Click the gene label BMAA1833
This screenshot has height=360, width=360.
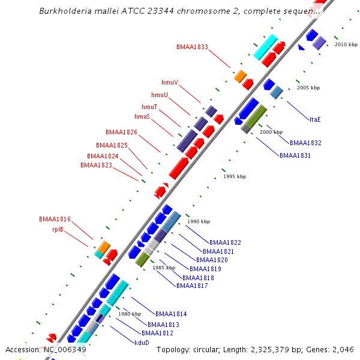192,47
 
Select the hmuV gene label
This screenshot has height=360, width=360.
170,82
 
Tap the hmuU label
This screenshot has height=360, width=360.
160,95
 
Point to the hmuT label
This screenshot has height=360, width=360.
149,107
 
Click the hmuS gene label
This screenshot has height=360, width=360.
142,116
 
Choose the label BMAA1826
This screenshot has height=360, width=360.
121,132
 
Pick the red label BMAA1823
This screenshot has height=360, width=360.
96,165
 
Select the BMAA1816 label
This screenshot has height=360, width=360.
55,220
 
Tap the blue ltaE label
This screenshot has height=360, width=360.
315,119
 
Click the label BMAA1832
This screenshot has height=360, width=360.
305,143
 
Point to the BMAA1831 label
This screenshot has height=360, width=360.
295,156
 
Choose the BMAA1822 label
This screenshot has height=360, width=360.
225,242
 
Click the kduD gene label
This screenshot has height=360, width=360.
142,343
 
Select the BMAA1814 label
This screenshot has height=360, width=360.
171,314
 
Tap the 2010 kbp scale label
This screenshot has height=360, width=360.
346,45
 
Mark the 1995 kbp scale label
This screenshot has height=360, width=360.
235,177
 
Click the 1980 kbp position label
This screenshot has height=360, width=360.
130,314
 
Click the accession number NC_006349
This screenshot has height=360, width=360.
65,349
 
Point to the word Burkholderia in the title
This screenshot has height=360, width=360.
65,11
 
